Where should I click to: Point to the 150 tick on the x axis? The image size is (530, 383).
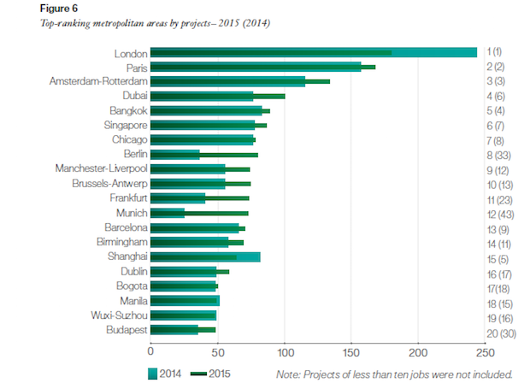(x=350, y=350)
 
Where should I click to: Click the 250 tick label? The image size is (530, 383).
(x=484, y=351)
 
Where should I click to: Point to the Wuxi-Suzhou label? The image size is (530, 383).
(x=120, y=315)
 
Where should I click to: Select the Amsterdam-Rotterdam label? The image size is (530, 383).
(x=100, y=81)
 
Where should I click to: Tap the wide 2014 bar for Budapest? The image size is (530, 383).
(x=174, y=329)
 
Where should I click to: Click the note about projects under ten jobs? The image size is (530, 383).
(x=394, y=374)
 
